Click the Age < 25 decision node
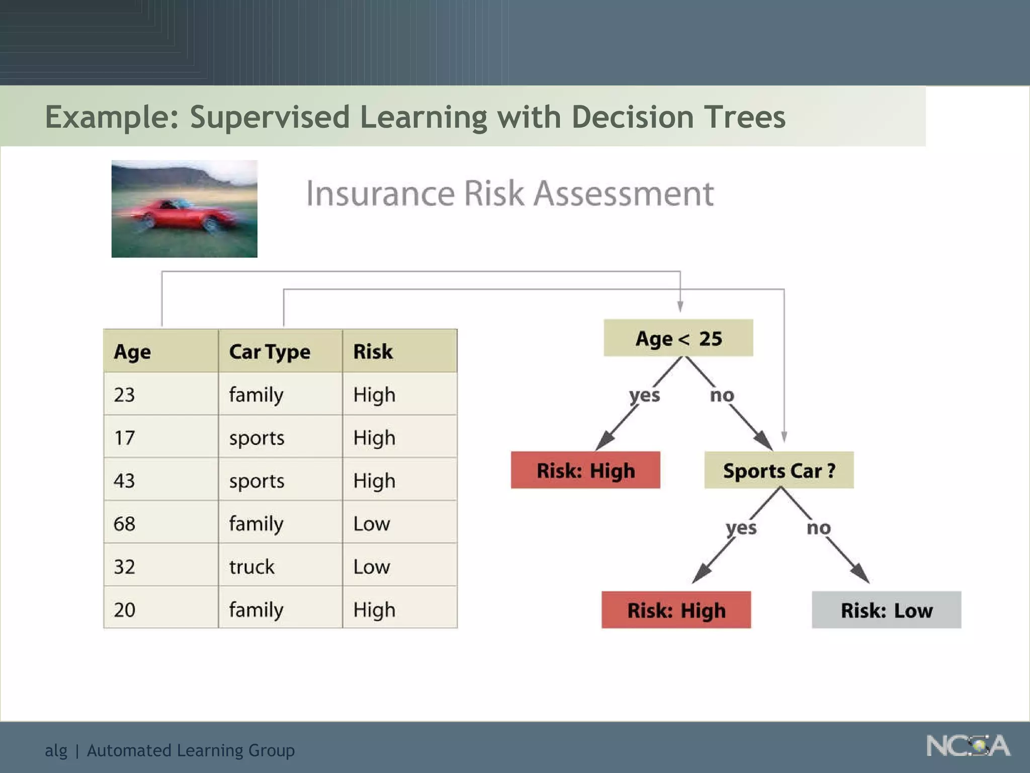[678, 338]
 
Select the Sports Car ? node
[779, 471]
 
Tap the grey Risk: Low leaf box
[886, 610]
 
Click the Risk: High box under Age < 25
[585, 471]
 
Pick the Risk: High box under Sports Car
[676, 610]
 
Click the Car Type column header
[270, 351]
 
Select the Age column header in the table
[132, 351]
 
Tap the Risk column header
[373, 351]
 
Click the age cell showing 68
[125, 523]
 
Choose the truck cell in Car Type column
[252, 567]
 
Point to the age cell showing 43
[125, 481]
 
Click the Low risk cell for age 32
[372, 567]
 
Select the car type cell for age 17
[256, 438]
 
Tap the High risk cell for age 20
[374, 609]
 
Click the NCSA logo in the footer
[968, 746]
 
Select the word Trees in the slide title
[744, 117]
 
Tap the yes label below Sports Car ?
[741, 528]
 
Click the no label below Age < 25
[722, 395]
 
